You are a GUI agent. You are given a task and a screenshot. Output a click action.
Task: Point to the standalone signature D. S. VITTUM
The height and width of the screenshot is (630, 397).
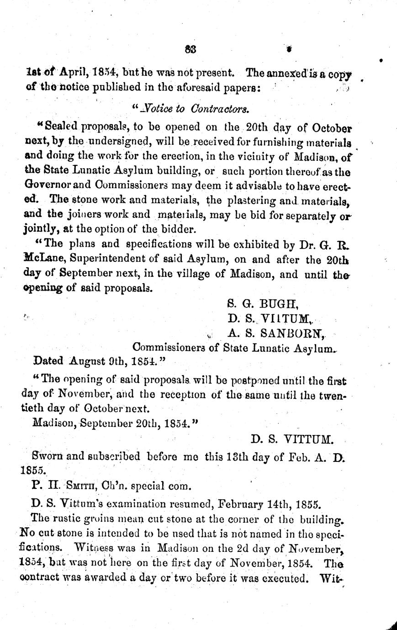pyautogui.click(x=292, y=440)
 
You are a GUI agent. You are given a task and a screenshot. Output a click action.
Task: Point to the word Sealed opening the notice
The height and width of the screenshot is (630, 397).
pyautogui.click(x=60, y=126)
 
